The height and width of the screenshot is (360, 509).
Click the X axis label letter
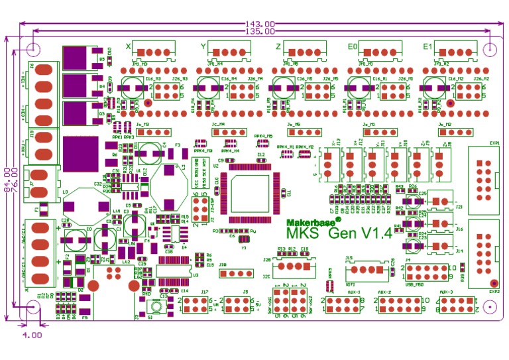[128, 47]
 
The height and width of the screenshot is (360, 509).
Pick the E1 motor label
[427, 47]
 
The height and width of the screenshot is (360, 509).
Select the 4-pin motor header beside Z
[306, 52]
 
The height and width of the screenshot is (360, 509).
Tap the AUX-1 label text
[353, 292]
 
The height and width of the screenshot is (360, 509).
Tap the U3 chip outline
[174, 273]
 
